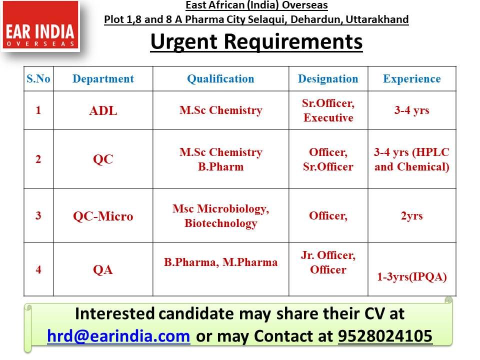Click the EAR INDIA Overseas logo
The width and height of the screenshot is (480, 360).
pyautogui.click(x=40, y=25)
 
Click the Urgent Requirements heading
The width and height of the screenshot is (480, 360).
pyautogui.click(x=256, y=41)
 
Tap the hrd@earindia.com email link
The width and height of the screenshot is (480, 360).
pyautogui.click(x=119, y=336)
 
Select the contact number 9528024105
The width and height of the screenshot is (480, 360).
pyautogui.click(x=385, y=336)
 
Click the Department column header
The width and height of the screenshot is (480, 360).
pyautogui.click(x=103, y=79)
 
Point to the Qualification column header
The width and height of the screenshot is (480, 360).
pyautogui.click(x=220, y=79)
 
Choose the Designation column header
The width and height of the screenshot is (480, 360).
pyautogui.click(x=328, y=79)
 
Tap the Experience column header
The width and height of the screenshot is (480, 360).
pyautogui.click(x=412, y=79)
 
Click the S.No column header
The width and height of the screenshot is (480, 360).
pyautogui.click(x=38, y=79)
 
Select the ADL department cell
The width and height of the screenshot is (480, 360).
pyautogui.click(x=103, y=110)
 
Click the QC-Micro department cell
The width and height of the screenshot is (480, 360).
pyautogui.click(x=103, y=216)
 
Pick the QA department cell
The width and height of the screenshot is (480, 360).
pyautogui.click(x=103, y=269)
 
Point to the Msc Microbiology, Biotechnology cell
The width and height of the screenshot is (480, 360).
pyautogui.click(x=220, y=216)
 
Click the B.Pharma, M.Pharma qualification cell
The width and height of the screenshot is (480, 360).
pyautogui.click(x=220, y=262)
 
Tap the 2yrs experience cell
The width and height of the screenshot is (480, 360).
pyautogui.click(x=412, y=216)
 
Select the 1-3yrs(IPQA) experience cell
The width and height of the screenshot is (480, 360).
pyautogui.click(x=412, y=276)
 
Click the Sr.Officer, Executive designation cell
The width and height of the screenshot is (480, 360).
pyautogui.click(x=328, y=110)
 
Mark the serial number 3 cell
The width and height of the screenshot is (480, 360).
pyautogui.click(x=38, y=215)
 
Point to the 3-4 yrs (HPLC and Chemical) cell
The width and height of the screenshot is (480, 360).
pyautogui.click(x=412, y=159)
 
